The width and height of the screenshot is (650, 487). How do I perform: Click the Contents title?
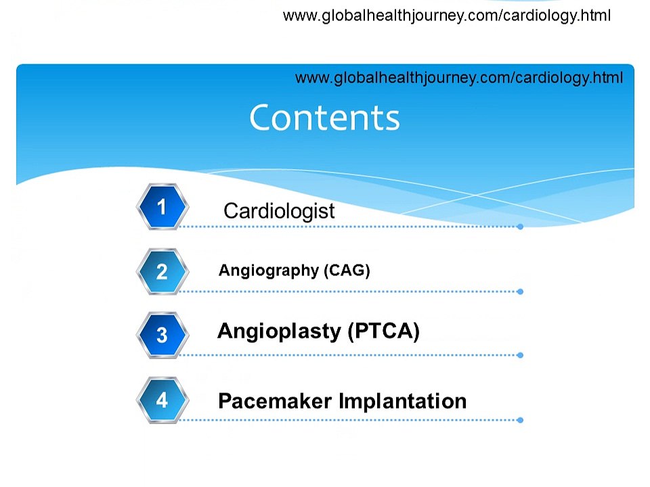[324, 118]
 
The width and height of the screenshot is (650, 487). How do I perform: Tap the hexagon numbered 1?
[162, 206]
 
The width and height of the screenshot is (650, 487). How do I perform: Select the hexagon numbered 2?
[162, 271]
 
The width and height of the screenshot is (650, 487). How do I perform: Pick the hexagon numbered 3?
[162, 335]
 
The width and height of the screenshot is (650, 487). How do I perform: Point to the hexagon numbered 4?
[162, 400]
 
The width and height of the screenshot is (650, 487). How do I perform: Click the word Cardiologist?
[279, 211]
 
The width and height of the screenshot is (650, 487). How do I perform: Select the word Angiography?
[269, 271]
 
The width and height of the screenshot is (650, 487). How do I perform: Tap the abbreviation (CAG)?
[347, 271]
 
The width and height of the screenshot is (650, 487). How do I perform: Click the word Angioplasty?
[280, 331]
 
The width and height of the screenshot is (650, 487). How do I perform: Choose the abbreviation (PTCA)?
[384, 331]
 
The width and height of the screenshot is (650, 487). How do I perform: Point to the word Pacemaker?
[275, 401]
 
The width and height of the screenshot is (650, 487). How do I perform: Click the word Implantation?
[402, 401]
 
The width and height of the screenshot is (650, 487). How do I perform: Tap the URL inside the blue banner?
[459, 78]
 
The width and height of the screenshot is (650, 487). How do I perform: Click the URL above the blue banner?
[446, 16]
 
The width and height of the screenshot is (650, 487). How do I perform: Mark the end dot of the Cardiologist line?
[520, 227]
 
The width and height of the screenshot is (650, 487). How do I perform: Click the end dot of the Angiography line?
[520, 292]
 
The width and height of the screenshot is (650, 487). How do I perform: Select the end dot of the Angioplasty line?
[520, 355]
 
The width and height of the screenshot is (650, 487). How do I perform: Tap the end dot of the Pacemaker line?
[520, 420]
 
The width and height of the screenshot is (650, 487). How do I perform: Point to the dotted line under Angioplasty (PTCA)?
[349, 355]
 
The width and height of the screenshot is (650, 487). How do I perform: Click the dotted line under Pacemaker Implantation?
[349, 420]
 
